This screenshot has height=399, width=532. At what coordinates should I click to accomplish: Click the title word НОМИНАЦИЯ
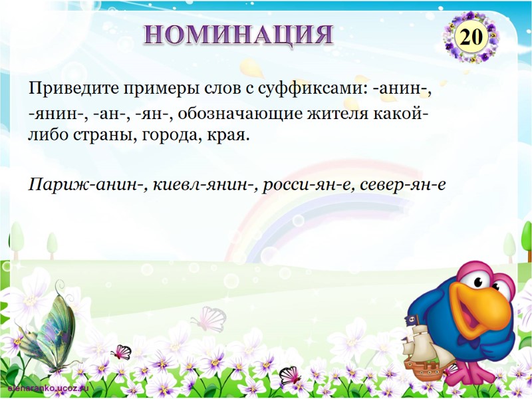239,35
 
